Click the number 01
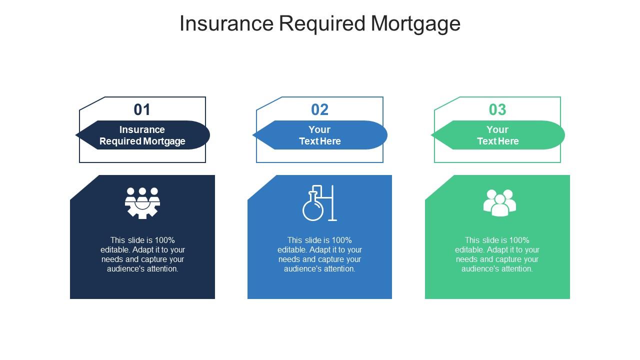click(142, 109)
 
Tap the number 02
click(320, 109)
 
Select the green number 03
click(497, 109)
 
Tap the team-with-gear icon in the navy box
click(142, 202)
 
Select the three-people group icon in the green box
click(499, 202)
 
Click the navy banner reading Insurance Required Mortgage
click(142, 135)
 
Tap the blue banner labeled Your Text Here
click(320, 135)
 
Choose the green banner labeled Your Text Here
click(498, 135)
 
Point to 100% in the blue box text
click(341, 240)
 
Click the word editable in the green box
click(469, 249)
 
